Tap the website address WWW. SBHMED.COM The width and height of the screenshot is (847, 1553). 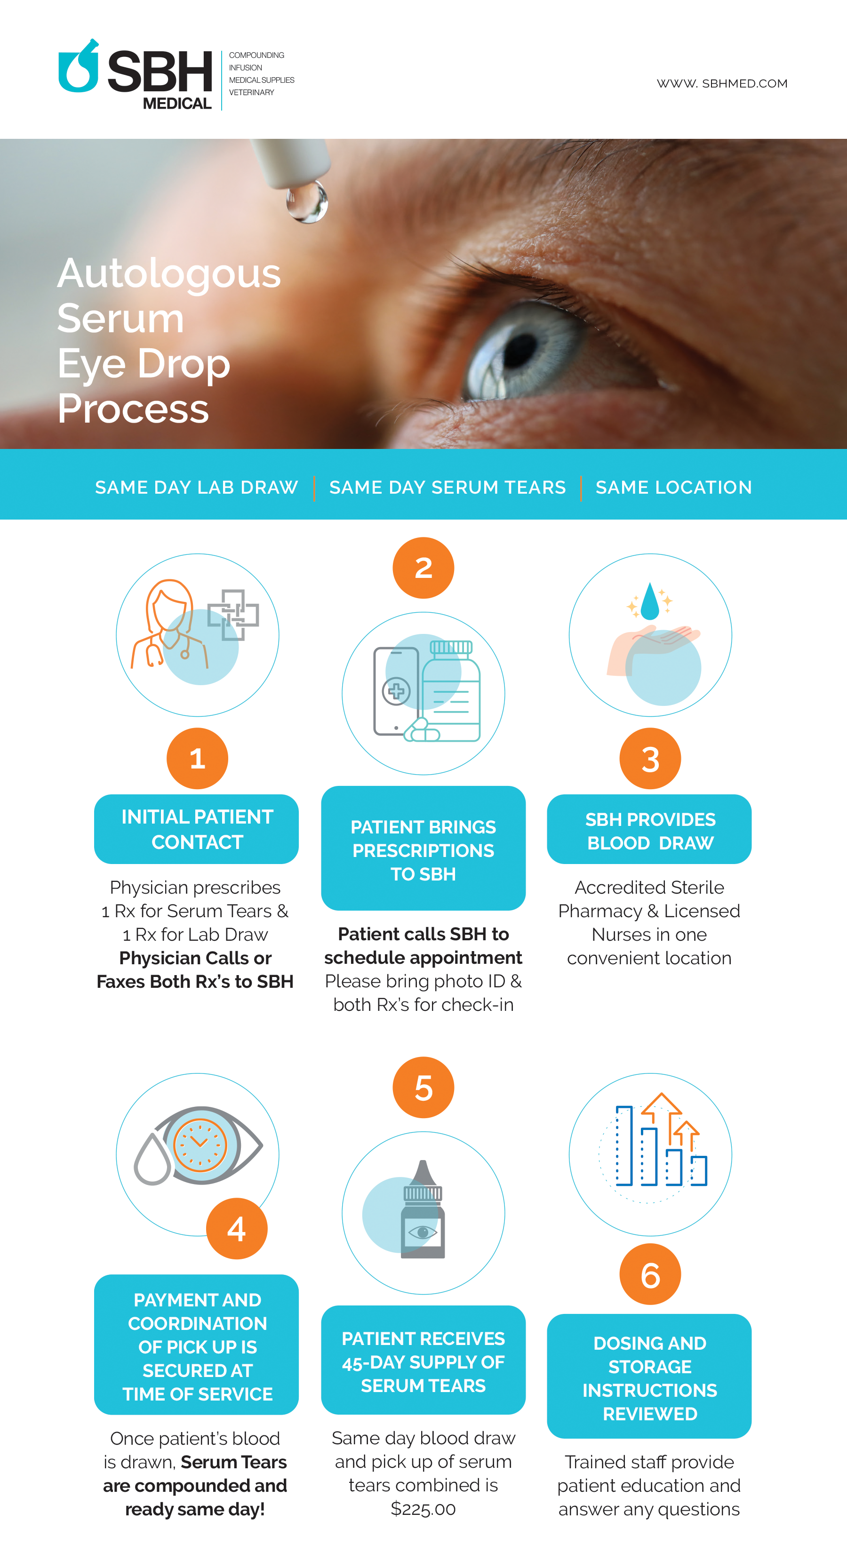722,83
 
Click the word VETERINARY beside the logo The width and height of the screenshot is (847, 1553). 251,92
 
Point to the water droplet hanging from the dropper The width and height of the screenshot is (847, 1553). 307,201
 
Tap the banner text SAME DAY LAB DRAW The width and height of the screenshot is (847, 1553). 197,487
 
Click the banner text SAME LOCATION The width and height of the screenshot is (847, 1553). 673,487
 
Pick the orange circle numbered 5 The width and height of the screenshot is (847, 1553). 423,1088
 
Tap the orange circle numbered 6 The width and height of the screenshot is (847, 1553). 650,1274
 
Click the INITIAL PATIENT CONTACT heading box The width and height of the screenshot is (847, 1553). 197,829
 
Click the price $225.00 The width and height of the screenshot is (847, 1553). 423,1509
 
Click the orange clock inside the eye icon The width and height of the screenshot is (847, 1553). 200,1144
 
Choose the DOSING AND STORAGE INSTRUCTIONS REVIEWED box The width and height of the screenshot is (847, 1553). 649,1378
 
